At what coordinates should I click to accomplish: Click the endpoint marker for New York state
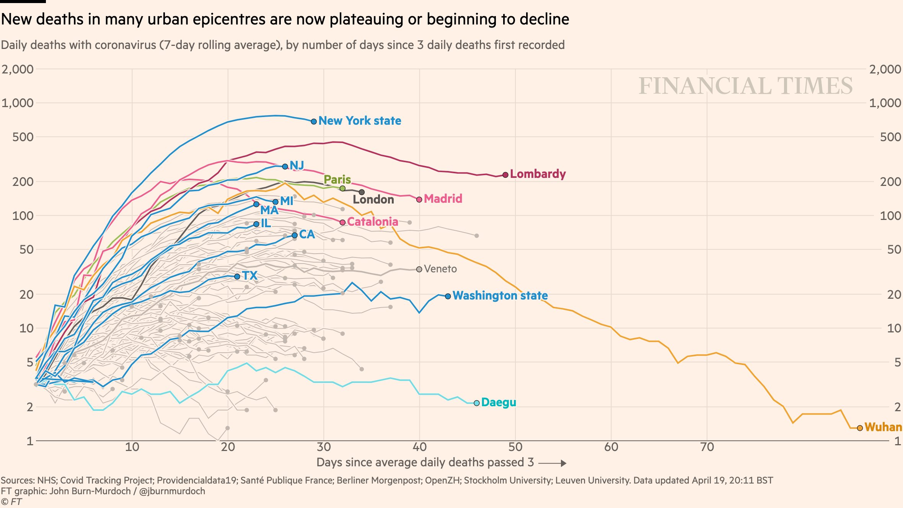click(314, 121)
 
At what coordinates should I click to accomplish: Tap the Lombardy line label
click(538, 174)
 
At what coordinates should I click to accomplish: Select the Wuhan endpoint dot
click(860, 428)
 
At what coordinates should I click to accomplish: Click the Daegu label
click(499, 402)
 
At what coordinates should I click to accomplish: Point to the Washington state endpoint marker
click(448, 296)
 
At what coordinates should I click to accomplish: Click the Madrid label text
click(443, 199)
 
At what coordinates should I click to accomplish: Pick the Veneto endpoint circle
click(419, 269)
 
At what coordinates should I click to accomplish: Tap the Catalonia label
click(372, 222)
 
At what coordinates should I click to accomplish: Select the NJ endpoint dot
click(285, 166)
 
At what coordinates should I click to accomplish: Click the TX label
click(250, 275)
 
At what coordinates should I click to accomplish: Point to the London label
click(373, 200)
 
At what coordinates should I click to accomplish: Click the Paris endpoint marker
click(342, 188)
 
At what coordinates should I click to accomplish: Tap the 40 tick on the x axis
click(419, 447)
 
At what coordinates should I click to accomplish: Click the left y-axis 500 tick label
click(23, 137)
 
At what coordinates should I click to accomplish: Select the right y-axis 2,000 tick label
click(885, 69)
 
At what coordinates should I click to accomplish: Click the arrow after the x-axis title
click(552, 463)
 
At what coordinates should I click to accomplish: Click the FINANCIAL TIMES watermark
click(745, 86)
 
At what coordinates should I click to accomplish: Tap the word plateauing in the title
click(366, 19)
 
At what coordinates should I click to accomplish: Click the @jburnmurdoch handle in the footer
click(172, 491)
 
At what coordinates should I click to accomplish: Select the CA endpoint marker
click(295, 235)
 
